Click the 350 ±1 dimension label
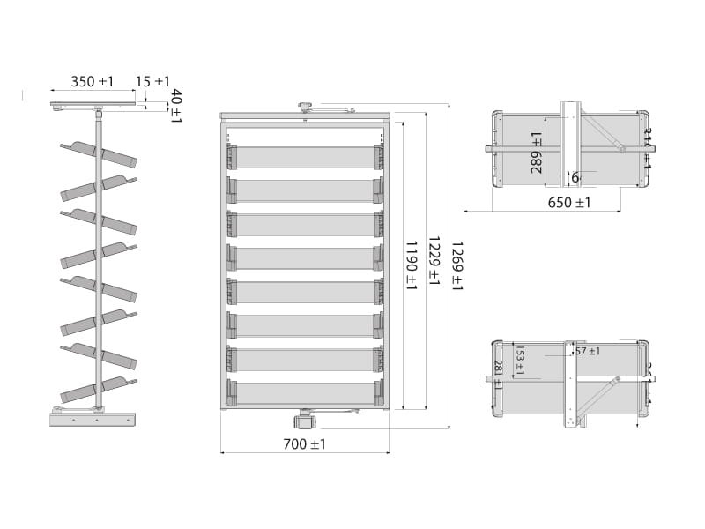[x=93, y=82]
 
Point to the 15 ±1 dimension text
[x=152, y=82]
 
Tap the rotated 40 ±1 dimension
[x=175, y=106]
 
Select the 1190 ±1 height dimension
[x=411, y=264]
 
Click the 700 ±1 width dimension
[x=305, y=444]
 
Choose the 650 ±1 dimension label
[x=569, y=203]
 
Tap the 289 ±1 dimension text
[x=537, y=153]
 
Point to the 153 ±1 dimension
[x=519, y=360]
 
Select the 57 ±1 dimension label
[x=587, y=352]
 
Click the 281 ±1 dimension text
[x=498, y=374]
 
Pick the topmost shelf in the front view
[x=304, y=157]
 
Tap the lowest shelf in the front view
[x=304, y=393]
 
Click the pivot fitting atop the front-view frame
[x=306, y=108]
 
